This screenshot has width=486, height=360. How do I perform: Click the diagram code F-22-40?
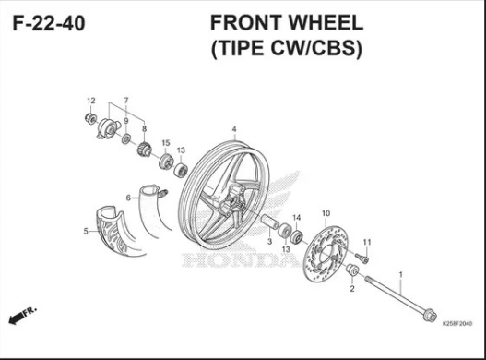(x=49, y=23)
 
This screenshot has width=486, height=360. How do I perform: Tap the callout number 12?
(x=91, y=101)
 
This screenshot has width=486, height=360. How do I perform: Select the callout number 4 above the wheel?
(x=234, y=129)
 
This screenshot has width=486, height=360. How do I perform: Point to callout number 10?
(x=326, y=213)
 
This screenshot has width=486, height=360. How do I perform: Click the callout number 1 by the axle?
(x=401, y=275)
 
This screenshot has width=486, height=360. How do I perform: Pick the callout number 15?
(x=166, y=143)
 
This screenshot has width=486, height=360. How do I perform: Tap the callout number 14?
(x=297, y=218)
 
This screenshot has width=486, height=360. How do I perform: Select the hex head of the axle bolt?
(x=430, y=316)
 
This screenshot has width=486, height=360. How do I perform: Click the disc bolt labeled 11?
(x=362, y=258)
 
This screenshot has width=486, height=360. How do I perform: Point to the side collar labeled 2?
(x=352, y=270)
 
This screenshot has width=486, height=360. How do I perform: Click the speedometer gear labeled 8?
(x=144, y=149)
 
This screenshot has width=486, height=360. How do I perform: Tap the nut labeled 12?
(x=90, y=118)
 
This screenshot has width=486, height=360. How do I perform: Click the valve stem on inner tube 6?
(x=163, y=194)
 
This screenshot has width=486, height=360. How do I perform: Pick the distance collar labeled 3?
(x=269, y=222)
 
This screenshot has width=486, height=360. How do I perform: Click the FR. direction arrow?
(x=22, y=316)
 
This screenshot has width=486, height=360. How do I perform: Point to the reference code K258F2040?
(x=457, y=324)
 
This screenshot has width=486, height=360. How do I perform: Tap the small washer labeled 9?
(x=125, y=138)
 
